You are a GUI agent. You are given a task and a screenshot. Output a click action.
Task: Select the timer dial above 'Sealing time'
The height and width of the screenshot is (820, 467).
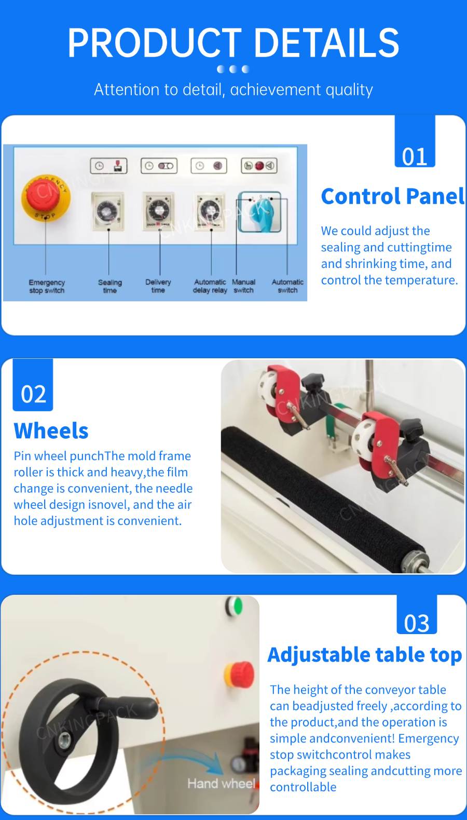click(107, 211)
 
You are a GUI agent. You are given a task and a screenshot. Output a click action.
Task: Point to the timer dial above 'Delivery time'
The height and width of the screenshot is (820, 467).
click(158, 210)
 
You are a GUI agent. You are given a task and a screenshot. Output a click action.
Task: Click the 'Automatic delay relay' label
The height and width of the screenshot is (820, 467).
click(210, 286)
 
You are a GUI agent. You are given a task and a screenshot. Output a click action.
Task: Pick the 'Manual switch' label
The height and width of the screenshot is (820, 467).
click(243, 286)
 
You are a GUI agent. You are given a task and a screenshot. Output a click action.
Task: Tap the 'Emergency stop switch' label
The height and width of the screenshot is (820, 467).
click(47, 286)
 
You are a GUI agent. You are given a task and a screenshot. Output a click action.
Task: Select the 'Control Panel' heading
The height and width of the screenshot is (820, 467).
click(393, 196)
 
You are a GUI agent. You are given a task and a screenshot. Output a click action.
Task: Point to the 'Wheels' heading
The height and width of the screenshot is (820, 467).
click(51, 431)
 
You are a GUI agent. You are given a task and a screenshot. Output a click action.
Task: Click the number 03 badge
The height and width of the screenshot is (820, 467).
click(417, 615)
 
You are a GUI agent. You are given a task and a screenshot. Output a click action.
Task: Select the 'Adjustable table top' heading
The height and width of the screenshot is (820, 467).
click(365, 655)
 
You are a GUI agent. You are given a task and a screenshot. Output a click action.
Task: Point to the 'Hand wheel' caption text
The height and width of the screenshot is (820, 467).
click(221, 783)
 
